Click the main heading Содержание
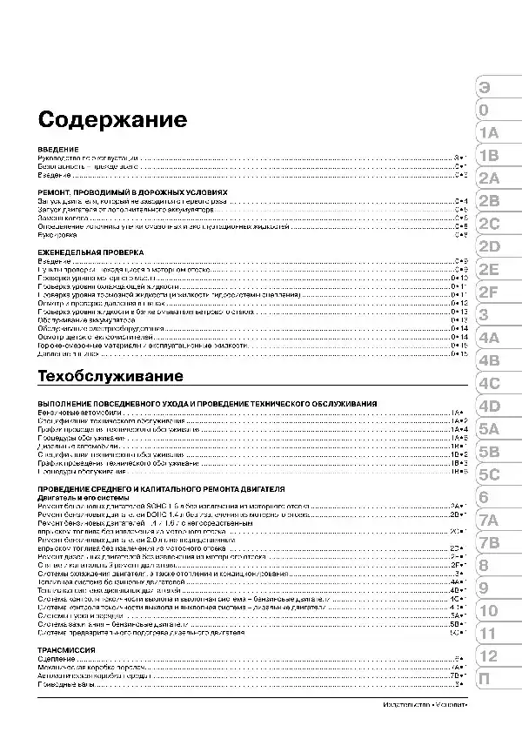click(112, 118)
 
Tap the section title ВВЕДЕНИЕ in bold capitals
click(59, 150)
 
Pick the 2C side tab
click(488, 224)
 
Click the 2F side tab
click(488, 292)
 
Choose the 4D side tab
click(488, 405)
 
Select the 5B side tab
click(488, 451)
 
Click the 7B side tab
click(488, 542)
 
